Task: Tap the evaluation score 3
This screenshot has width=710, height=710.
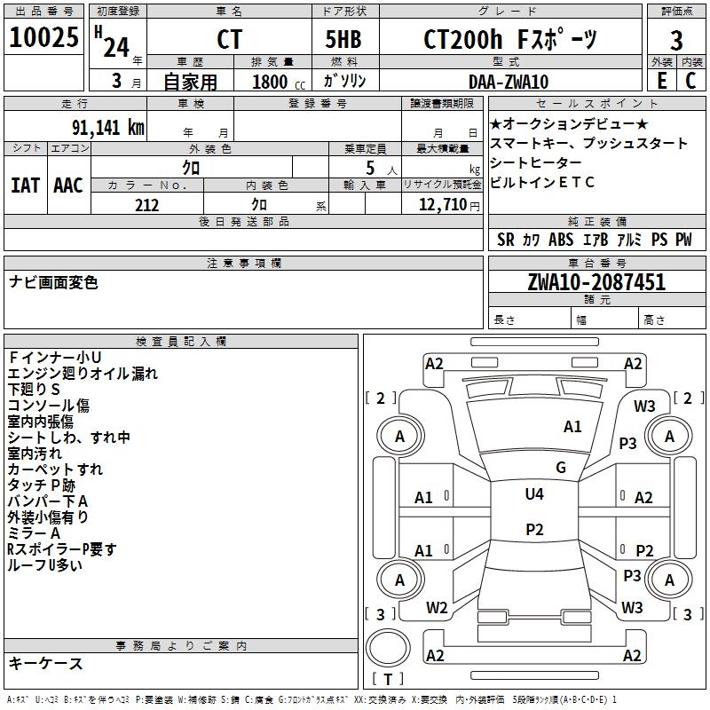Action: (x=676, y=41)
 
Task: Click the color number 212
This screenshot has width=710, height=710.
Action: (x=146, y=205)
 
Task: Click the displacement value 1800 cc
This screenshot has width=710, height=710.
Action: (x=274, y=82)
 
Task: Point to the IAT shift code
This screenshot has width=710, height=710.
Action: (x=25, y=185)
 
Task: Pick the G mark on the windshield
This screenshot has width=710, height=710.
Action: (x=561, y=468)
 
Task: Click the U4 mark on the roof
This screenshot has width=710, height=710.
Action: (x=534, y=494)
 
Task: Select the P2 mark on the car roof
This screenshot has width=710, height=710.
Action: (x=534, y=530)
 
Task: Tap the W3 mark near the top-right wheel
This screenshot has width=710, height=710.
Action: (x=644, y=406)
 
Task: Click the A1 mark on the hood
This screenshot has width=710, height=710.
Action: (x=572, y=427)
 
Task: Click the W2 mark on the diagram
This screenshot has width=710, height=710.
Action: (x=437, y=608)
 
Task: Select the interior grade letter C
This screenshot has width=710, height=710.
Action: (x=690, y=81)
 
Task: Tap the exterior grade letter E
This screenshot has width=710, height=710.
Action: (x=661, y=81)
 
